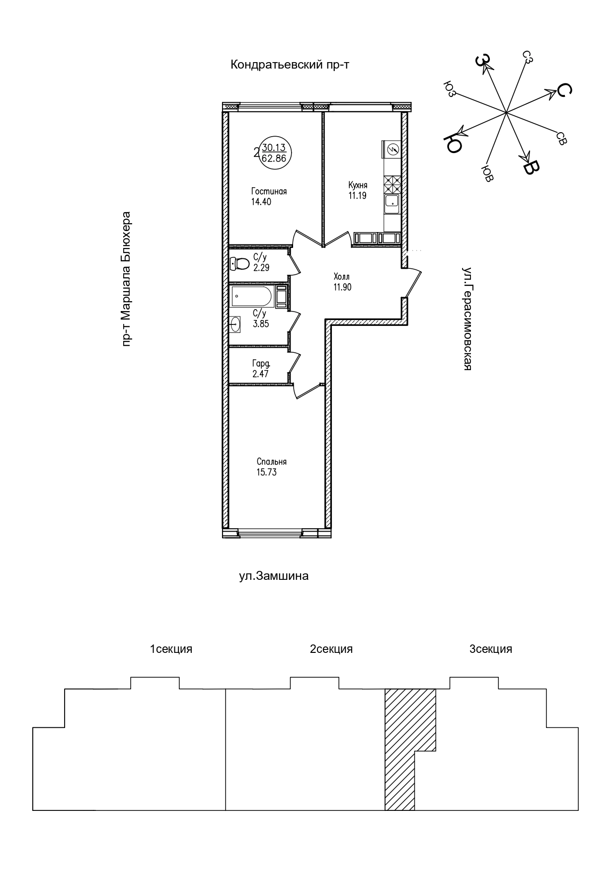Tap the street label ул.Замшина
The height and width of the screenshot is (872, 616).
click(274, 576)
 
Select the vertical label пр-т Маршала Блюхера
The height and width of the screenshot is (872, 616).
click(127, 279)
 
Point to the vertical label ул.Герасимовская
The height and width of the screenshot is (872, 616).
click(467, 318)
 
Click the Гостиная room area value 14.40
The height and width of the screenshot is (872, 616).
click(261, 202)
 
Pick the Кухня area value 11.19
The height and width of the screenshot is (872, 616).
click(357, 195)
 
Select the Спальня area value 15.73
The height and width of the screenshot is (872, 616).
click(266, 473)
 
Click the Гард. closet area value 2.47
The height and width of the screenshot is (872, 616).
click(260, 374)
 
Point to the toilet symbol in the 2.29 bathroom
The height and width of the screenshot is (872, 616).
click(239, 263)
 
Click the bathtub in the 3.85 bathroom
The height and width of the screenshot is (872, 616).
click(251, 297)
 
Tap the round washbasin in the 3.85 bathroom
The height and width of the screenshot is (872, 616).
click(235, 324)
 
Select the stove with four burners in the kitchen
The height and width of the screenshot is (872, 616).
click(391, 185)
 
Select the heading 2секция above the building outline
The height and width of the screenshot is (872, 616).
click(331, 649)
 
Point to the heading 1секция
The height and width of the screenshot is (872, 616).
click(171, 649)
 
